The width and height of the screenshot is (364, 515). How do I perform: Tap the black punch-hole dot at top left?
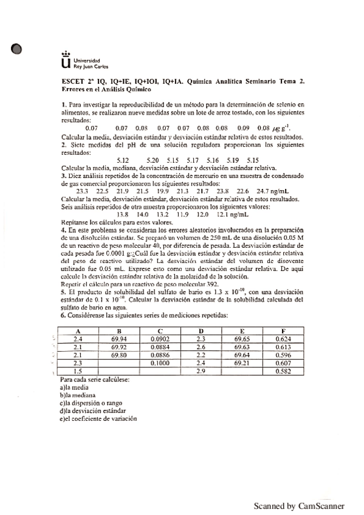tap(16, 50)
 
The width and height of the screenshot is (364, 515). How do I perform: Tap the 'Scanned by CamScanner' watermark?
tap(299, 505)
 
